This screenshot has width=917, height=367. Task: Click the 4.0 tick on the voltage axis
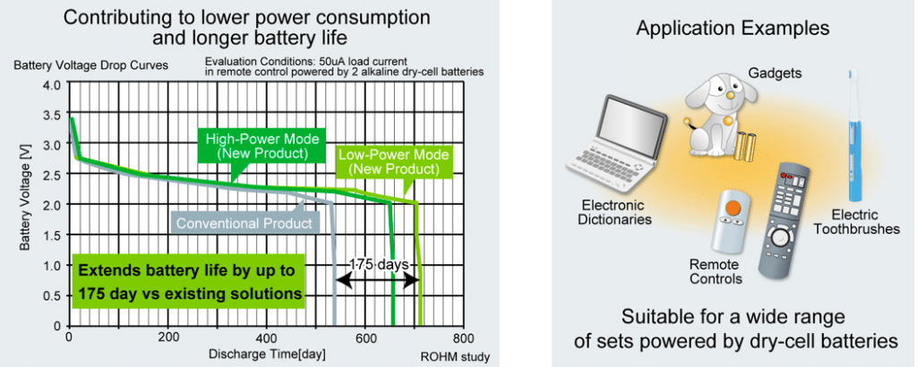coord(51,84)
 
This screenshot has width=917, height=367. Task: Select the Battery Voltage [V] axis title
coord(25,204)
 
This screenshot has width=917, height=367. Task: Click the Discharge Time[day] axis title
coord(267,354)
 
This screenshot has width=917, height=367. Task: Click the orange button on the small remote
coord(732,208)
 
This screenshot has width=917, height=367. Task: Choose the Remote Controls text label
coord(716,272)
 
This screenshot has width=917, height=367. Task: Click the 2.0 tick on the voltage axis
coord(51,204)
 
